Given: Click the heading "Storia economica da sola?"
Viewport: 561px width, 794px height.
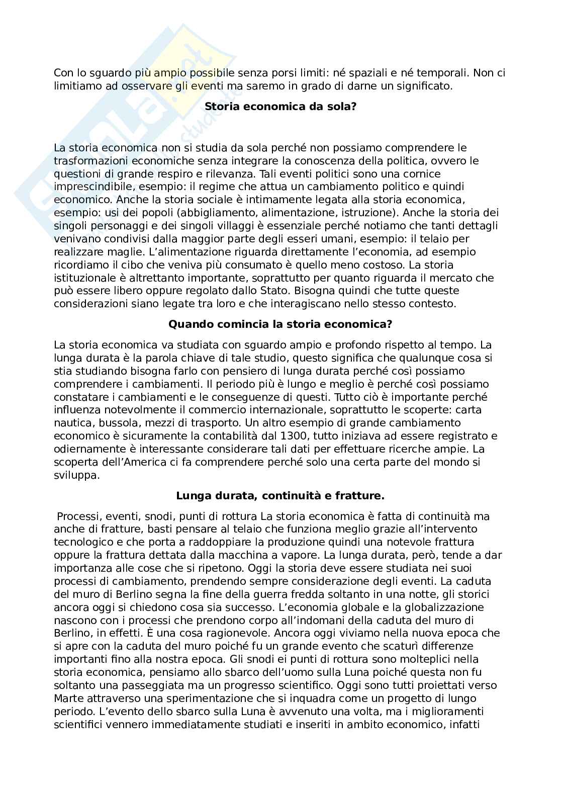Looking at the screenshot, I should [280, 107].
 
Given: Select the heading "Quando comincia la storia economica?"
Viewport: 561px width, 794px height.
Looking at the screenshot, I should [280, 324].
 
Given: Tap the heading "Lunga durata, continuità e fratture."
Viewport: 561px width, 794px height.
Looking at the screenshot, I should [280, 496].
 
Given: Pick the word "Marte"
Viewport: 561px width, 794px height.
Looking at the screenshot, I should [67, 698].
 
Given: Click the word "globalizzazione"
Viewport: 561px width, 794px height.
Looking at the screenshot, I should [438, 607].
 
